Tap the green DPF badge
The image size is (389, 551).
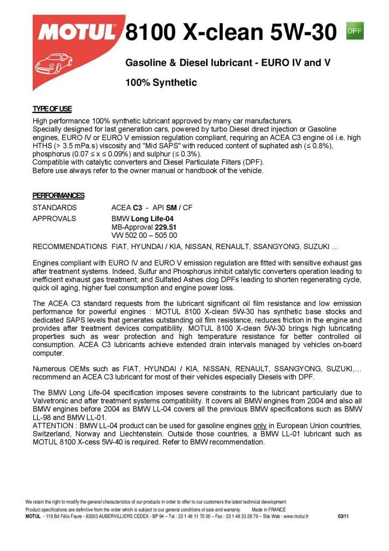click(x=355, y=31)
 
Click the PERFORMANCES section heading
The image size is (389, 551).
click(x=58, y=195)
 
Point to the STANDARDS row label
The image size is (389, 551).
click(x=55, y=207)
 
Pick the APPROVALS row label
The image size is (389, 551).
click(x=54, y=218)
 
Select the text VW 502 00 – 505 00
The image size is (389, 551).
click(x=144, y=235)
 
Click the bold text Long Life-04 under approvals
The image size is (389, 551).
click(x=152, y=218)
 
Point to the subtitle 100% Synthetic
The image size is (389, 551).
click(x=161, y=83)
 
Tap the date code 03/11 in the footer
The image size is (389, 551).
click(x=343, y=517)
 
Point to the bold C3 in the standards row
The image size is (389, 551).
click(x=138, y=207)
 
